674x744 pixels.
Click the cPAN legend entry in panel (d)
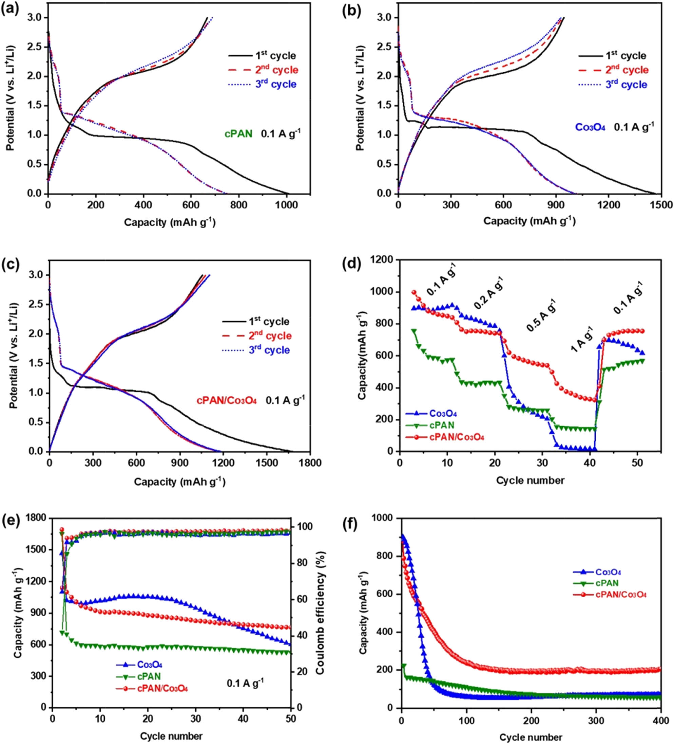tap(441, 425)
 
